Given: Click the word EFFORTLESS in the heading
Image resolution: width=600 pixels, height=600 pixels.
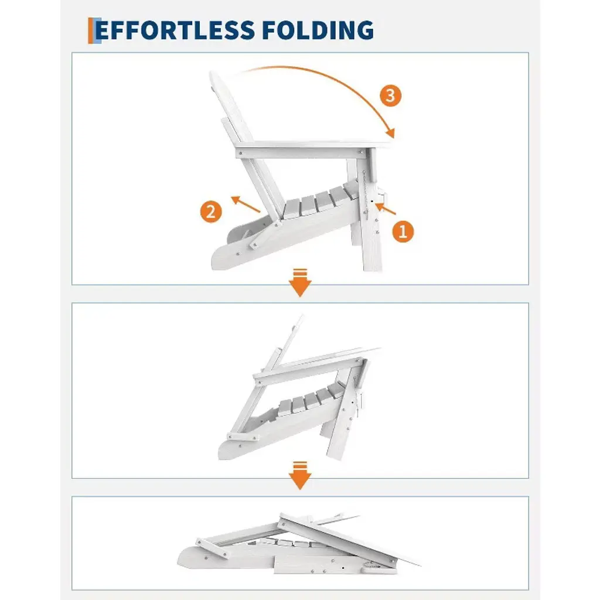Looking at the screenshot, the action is pos(175,30).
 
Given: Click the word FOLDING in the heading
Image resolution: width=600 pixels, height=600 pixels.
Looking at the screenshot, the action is pos(318,30).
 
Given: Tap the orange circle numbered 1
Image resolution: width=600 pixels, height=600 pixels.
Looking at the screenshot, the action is pos(403,231).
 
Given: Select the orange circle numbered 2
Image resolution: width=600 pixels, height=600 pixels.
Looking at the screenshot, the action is pos(211,211).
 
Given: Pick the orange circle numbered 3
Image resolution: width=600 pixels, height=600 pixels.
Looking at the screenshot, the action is pos(391,96).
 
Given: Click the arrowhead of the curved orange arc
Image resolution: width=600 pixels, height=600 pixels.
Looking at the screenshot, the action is pos(390,133).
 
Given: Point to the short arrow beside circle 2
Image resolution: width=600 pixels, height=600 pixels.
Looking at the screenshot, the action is pos(246,204).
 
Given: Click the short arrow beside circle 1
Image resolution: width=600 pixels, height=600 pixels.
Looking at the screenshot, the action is pos(386,209).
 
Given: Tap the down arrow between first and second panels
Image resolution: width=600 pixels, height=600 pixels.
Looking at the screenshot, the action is pos(300,283).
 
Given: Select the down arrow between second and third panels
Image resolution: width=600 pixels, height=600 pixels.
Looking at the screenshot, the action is pos(300,476).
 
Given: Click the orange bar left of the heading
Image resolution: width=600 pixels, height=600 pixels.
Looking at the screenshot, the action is pos(91,30).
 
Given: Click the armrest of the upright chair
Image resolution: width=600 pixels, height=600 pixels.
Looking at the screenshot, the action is pos(314,149).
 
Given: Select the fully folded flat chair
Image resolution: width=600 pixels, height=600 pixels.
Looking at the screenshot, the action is pos(298,543).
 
